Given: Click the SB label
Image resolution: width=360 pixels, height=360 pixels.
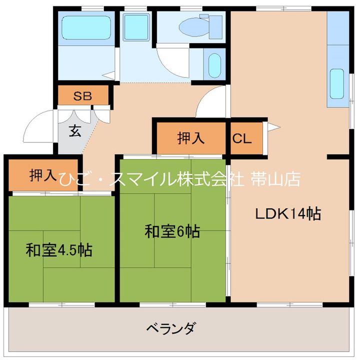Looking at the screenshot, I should (82, 96).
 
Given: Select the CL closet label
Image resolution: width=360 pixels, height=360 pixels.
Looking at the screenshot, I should (241, 138).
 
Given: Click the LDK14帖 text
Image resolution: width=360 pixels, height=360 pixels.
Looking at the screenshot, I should (288, 213).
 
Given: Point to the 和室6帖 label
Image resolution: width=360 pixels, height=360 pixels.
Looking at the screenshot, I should (172, 231).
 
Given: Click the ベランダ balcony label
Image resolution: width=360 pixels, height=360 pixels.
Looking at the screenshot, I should (171, 328).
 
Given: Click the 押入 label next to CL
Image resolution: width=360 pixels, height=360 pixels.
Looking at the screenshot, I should (191, 138).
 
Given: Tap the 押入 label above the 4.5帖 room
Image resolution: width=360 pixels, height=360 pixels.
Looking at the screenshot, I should (43, 175).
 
